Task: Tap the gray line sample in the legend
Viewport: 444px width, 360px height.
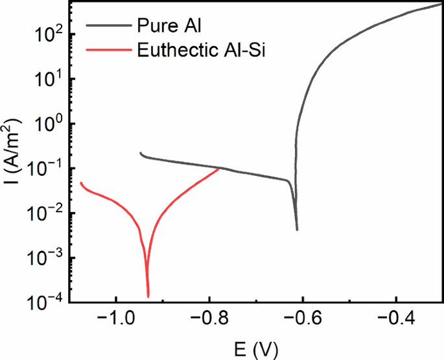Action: (108, 27)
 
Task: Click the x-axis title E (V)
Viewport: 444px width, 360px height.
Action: (255, 348)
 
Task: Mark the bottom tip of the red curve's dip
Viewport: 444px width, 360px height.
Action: (148, 296)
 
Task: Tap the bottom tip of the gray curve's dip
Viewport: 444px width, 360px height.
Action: (297, 230)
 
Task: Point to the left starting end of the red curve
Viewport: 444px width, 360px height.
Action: (80, 182)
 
